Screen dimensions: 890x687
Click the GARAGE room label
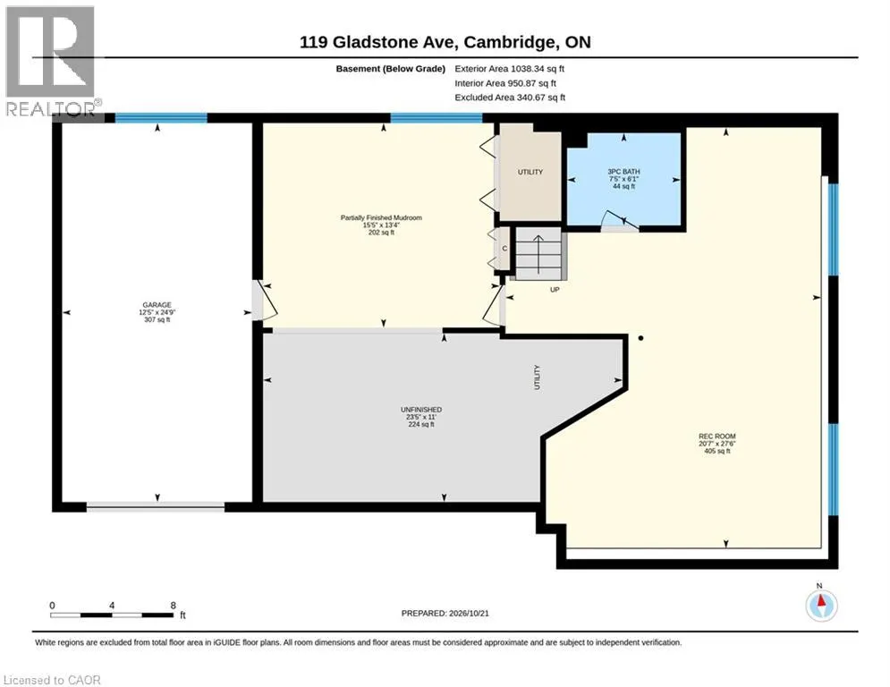pyautogui.click(x=157, y=305)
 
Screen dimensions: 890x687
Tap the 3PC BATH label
pyautogui.click(x=623, y=172)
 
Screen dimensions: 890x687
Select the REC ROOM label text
pyautogui.click(x=716, y=436)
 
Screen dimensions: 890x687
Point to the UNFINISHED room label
pyautogui.click(x=421, y=410)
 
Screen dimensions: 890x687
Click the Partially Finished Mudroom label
pyautogui.click(x=381, y=217)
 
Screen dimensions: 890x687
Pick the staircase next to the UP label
pyautogui.click(x=538, y=253)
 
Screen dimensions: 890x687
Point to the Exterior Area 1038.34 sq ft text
pyautogui.click(x=509, y=69)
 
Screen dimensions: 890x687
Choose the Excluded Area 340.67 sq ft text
pyautogui.click(x=510, y=98)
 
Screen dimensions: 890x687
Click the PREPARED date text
pyautogui.click(x=445, y=613)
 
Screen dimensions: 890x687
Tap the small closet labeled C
pyautogui.click(x=504, y=249)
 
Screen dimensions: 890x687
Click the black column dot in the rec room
pyautogui.click(x=640, y=338)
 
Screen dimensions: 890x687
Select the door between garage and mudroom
pyautogui.click(x=264, y=300)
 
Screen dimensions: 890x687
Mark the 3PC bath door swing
pyautogui.click(x=620, y=220)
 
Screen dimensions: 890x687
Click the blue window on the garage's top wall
pyautogui.click(x=161, y=118)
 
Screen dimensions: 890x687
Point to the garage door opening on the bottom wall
pyautogui.click(x=156, y=507)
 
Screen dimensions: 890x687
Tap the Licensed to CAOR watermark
pyautogui.click(x=52, y=680)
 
